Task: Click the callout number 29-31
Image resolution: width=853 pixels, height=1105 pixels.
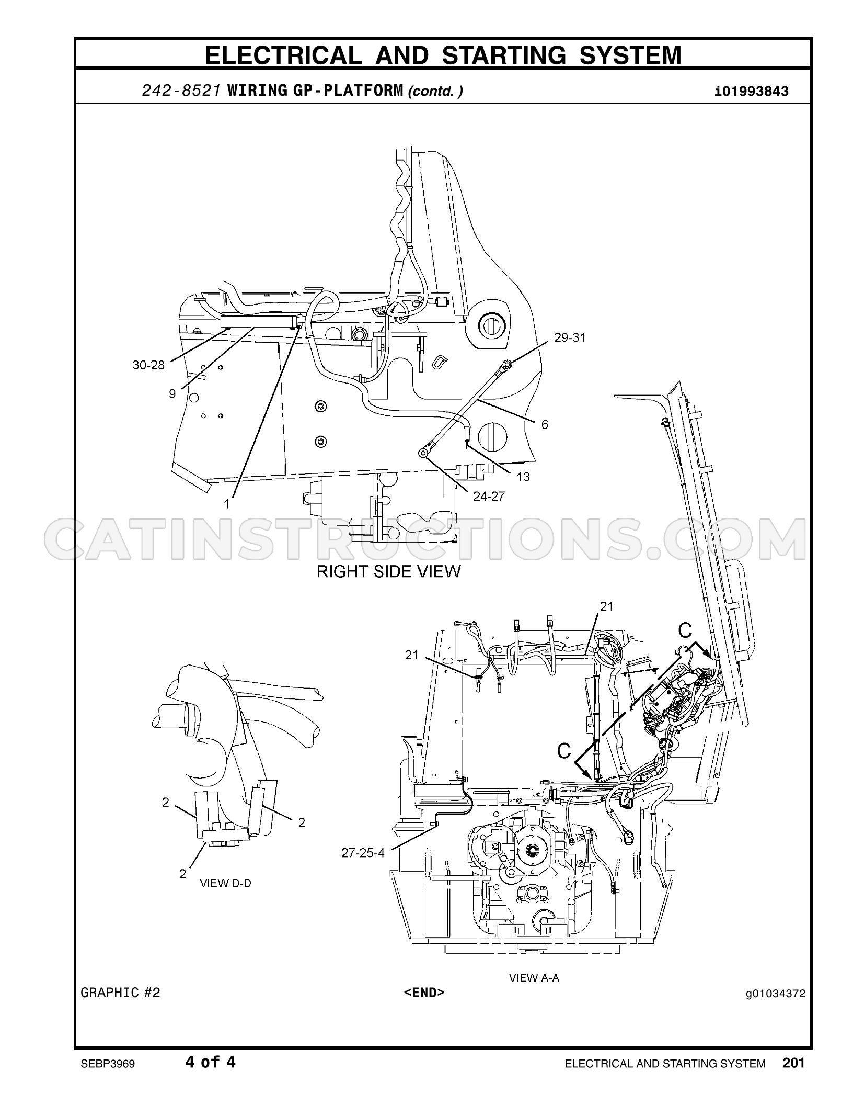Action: pos(570,338)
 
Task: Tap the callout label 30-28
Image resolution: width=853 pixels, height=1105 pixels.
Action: pos(148,365)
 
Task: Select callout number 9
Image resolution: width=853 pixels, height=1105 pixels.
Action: pos(172,393)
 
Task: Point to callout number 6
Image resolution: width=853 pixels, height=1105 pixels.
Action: pos(545,424)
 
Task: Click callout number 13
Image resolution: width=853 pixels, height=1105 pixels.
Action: pos(523,477)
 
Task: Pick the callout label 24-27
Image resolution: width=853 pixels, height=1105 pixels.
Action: pos(489,496)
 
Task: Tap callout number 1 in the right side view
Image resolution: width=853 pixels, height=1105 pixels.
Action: pos(226,503)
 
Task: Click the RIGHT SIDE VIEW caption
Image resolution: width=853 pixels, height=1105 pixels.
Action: pos(389,571)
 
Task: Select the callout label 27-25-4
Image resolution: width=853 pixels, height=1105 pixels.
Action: pos(363,853)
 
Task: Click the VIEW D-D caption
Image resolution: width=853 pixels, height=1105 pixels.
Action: pos(225,883)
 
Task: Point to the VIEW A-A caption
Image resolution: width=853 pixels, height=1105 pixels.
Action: pos(534,977)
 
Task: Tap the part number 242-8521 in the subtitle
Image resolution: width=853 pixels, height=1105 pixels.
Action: pos(181,91)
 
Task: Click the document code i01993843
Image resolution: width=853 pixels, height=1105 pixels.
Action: pos(752,92)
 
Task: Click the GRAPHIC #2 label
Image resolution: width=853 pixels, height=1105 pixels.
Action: pos(120,992)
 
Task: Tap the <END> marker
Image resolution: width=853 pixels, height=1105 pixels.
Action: pos(424,992)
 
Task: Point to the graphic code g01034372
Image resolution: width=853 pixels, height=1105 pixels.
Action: pos(776,993)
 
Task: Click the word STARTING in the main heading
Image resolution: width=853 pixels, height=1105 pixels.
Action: pos(503,55)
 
